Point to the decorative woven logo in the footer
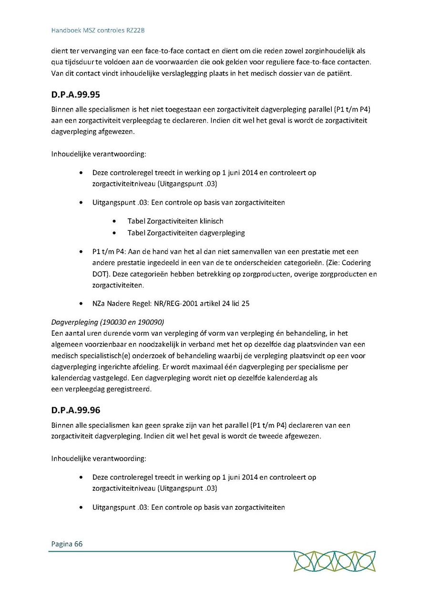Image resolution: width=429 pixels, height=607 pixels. (x=334, y=561)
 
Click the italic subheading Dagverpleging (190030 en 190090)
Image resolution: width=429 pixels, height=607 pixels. (x=108, y=322)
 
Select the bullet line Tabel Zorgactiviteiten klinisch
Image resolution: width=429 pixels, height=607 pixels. (x=175, y=221)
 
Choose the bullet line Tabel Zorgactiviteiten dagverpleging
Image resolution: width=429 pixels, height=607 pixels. (x=186, y=233)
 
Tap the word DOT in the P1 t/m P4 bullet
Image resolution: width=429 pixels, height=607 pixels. (x=99, y=274)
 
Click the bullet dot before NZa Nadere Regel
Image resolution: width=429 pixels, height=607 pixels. (x=82, y=303)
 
